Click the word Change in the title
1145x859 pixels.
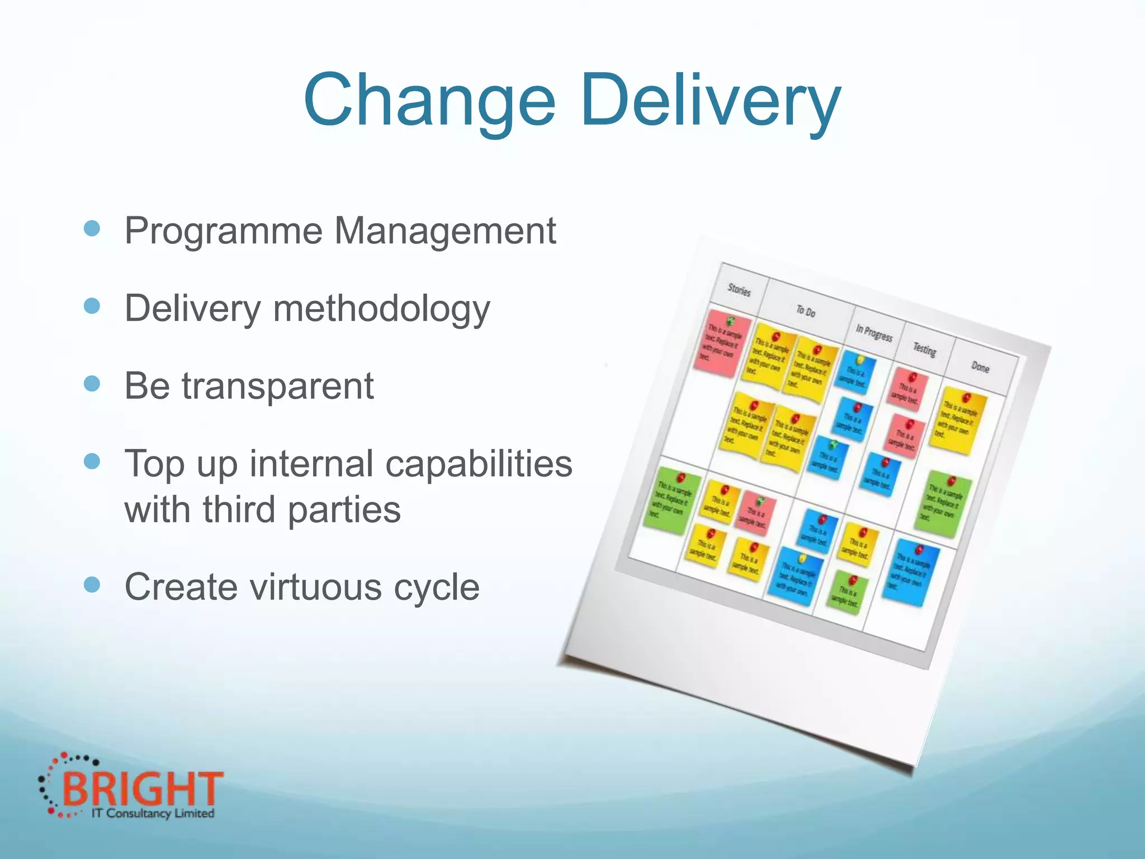429,101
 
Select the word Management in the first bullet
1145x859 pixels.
445,230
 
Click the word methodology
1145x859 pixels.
381,309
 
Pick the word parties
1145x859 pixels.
344,510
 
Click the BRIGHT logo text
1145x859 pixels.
143,789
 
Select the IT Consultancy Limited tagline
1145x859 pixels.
153,813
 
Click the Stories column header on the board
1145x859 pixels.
739,289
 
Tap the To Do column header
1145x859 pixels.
806,311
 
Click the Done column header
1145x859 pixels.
980,367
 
